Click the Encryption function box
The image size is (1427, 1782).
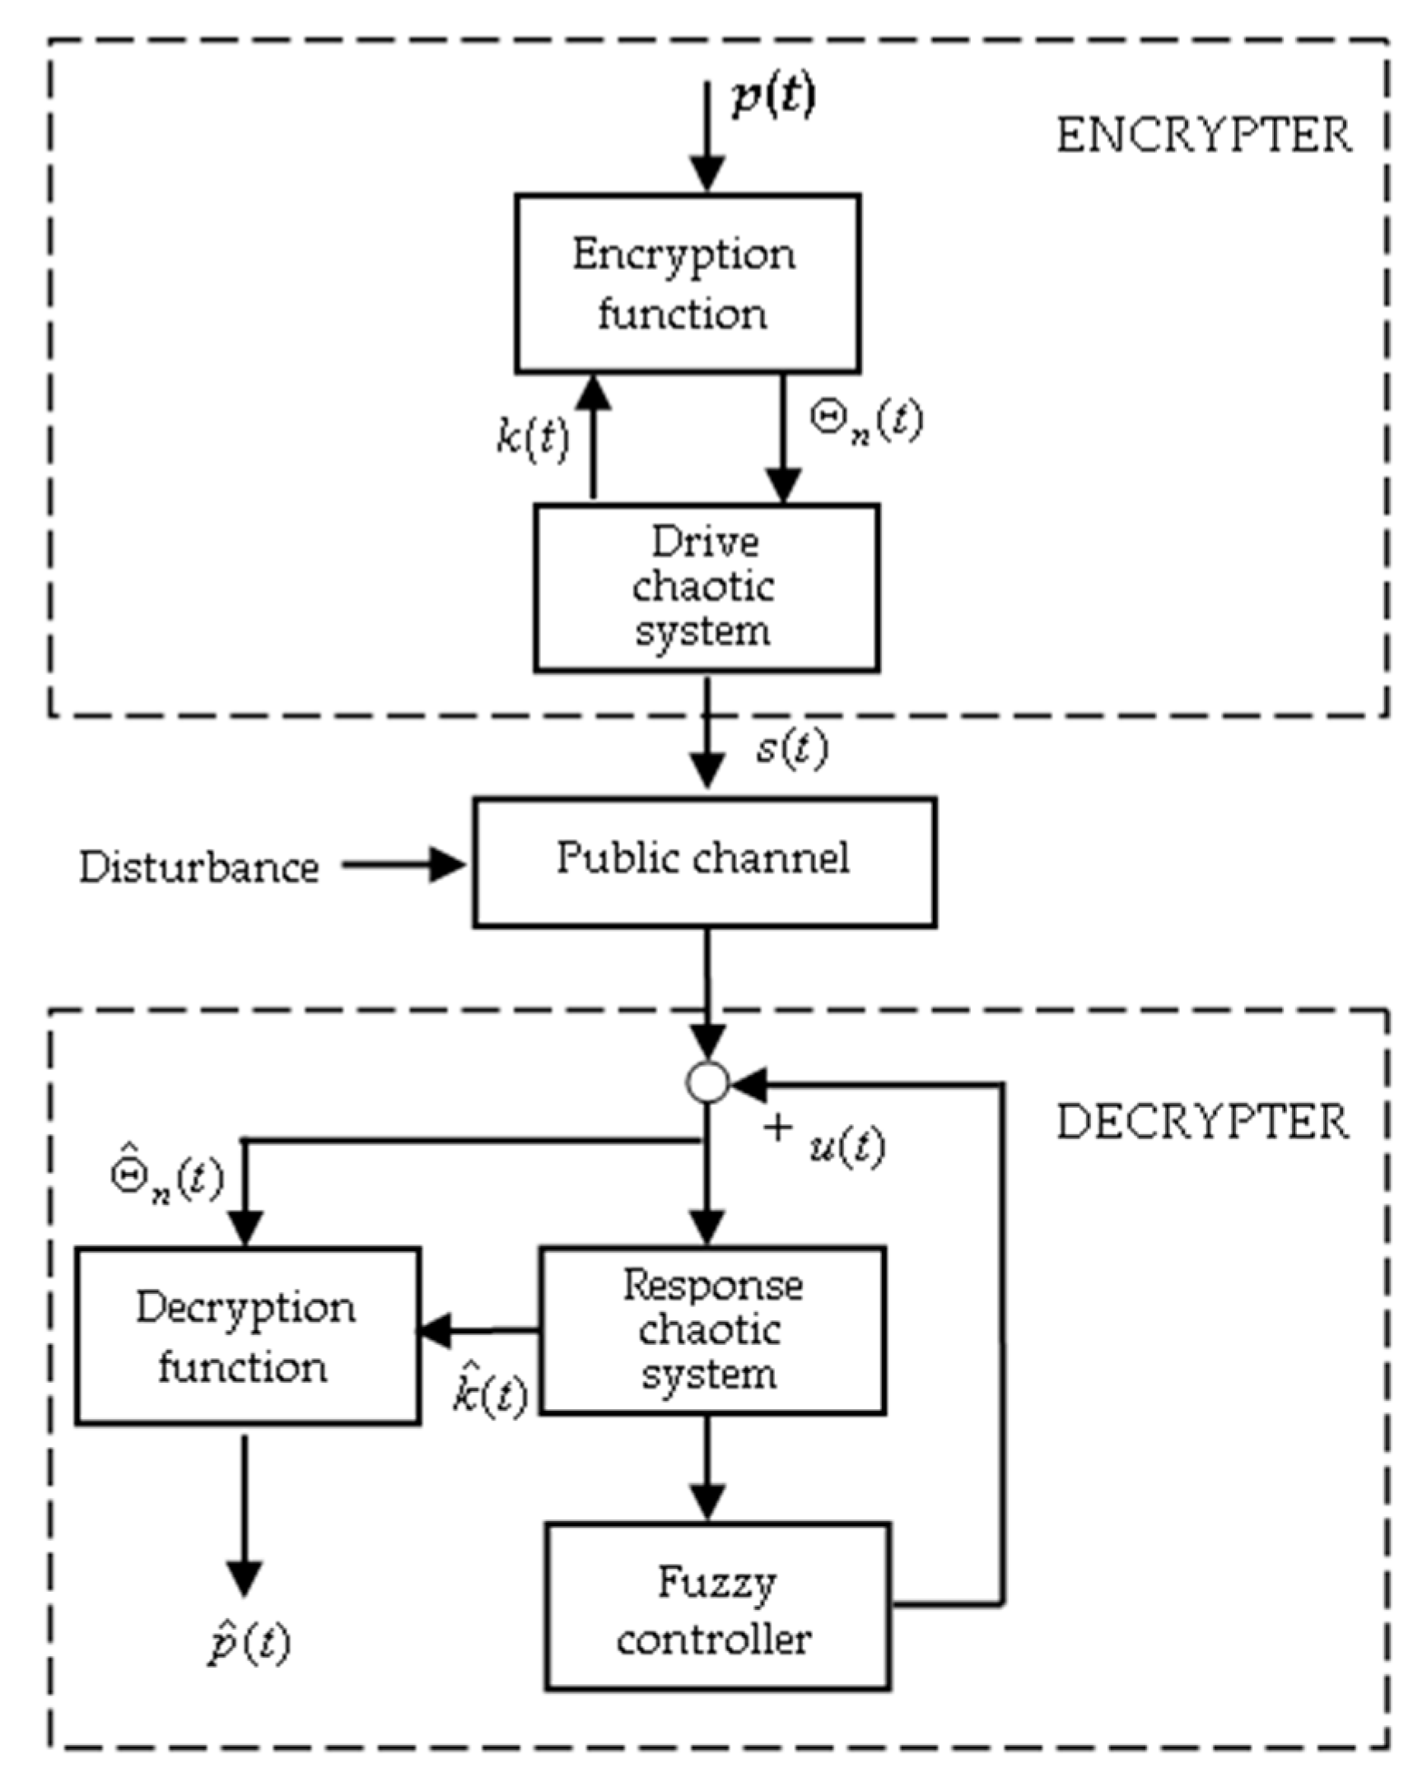pos(687,283)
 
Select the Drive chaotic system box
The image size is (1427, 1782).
pos(706,588)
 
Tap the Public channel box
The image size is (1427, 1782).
pos(704,861)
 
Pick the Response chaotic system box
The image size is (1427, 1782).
pos(711,1330)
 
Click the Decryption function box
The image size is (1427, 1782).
pos(247,1336)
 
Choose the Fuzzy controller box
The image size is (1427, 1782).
pos(717,1606)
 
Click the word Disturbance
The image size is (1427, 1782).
pos(198,868)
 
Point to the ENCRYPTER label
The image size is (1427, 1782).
pos(1204,136)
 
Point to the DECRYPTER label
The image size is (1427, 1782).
pos(1202,1123)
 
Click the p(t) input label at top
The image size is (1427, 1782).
pos(773,97)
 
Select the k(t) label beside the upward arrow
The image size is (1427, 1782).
pos(534,437)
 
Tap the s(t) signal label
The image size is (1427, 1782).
pos(791,749)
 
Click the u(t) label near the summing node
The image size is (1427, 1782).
pos(846,1147)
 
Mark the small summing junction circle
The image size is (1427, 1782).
pos(707,1082)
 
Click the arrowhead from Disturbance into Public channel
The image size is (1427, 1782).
pos(447,865)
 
